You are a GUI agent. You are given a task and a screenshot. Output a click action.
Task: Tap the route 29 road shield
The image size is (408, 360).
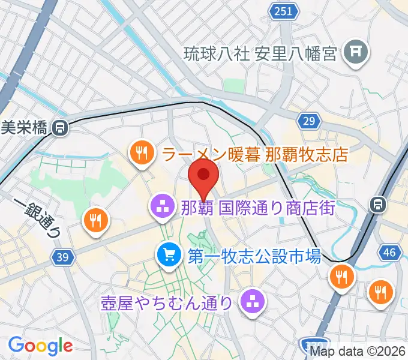pos(308,122)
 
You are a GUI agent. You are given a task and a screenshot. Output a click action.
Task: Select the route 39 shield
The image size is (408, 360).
pos(60,257)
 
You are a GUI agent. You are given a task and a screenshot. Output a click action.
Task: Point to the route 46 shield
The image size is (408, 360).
pos(389,252)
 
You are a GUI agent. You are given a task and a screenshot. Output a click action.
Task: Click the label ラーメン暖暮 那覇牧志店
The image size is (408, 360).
pos(255,155)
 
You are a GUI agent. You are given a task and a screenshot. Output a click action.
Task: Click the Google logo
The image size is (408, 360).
pos(40,345)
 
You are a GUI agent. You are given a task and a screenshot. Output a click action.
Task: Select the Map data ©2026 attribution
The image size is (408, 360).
pos(356,352)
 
